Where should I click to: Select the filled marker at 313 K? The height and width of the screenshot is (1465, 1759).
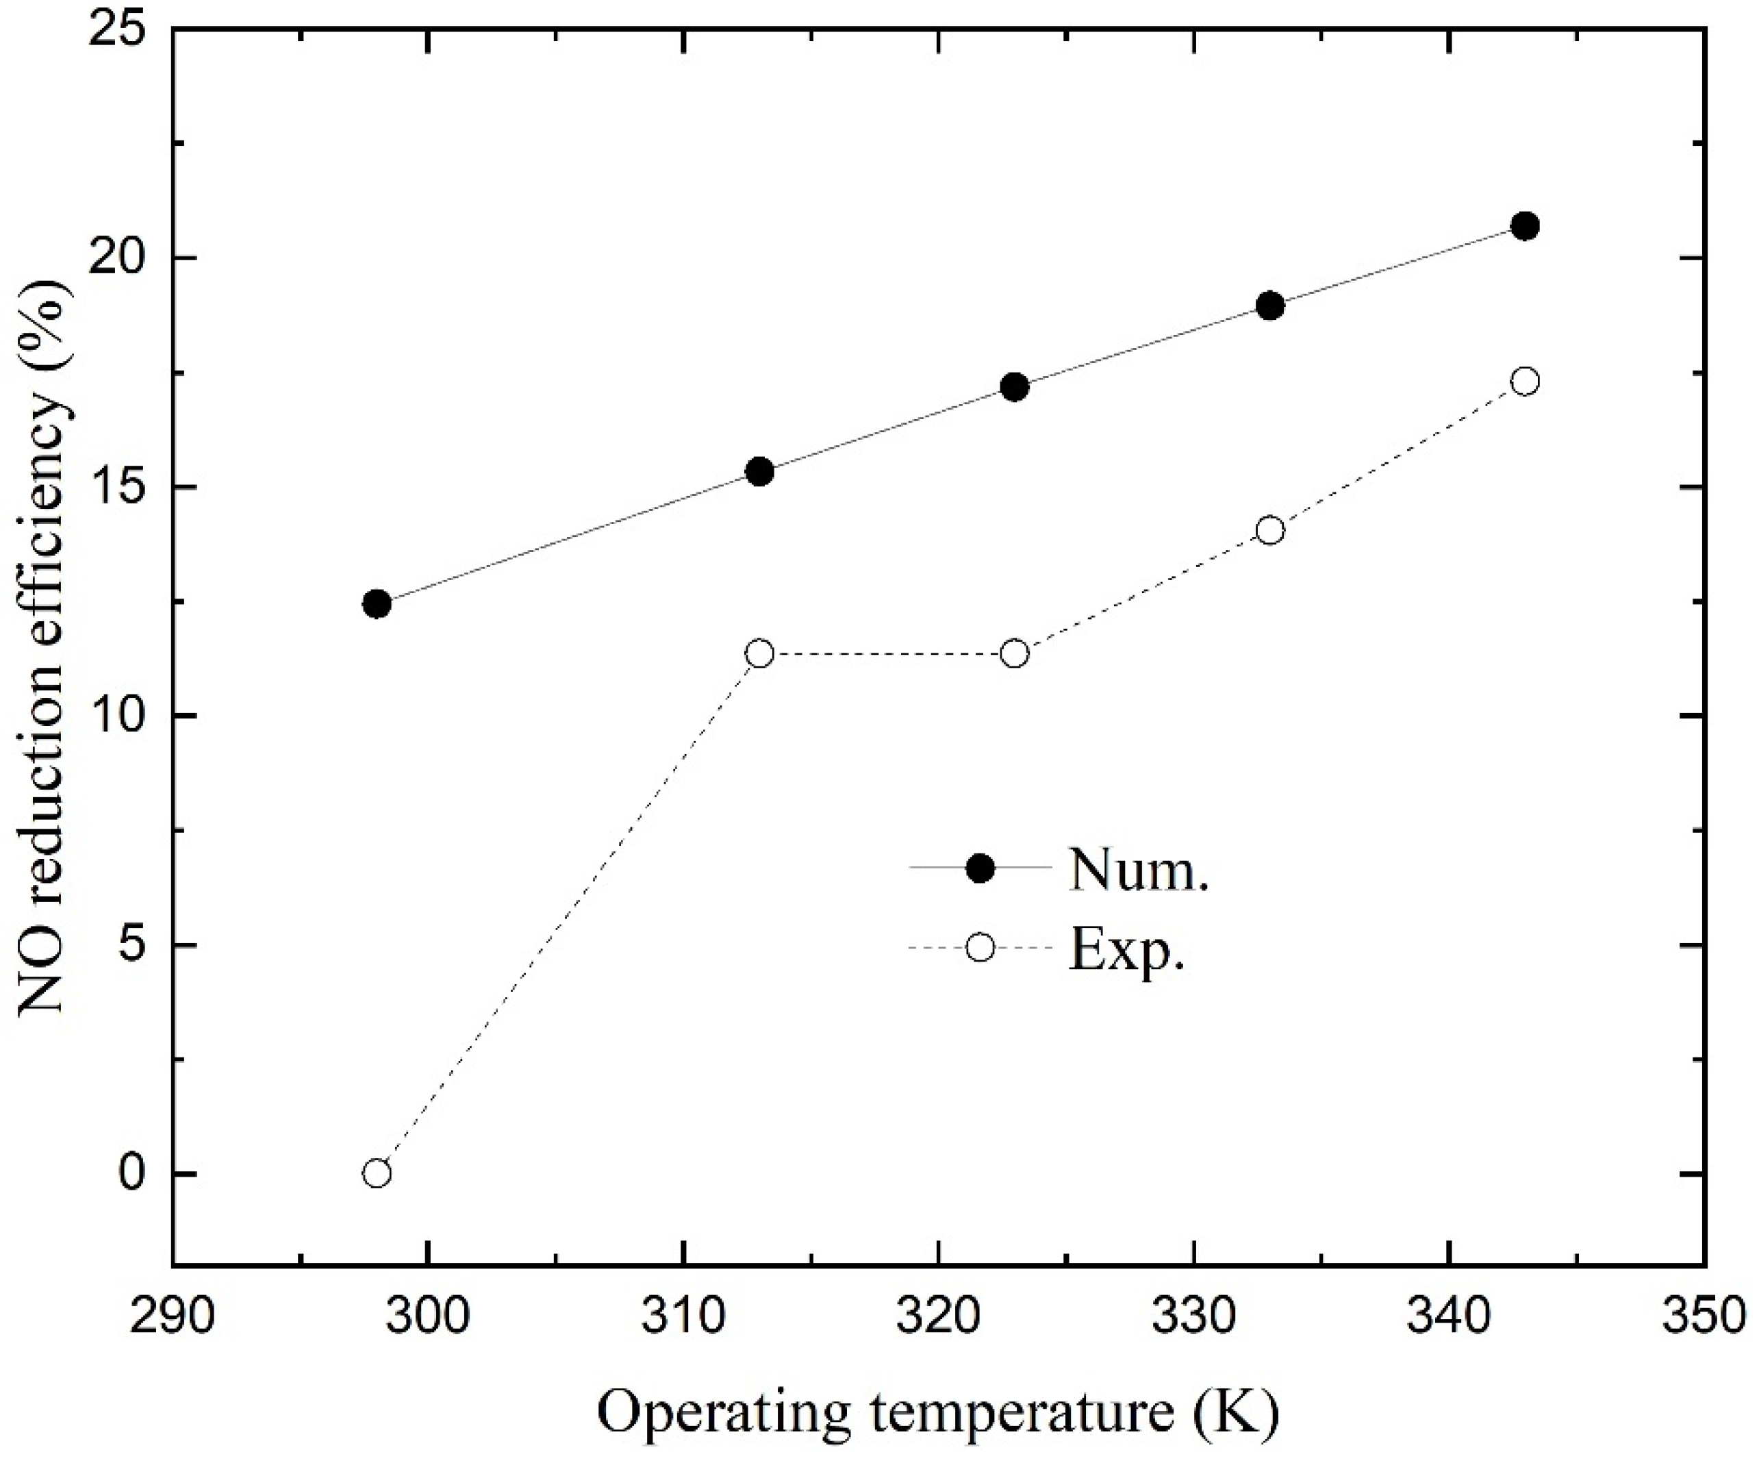(760, 472)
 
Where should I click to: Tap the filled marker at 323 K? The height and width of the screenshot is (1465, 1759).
(1014, 387)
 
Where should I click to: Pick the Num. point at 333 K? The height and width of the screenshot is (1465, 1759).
(1270, 305)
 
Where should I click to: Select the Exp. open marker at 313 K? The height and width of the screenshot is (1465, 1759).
(760, 653)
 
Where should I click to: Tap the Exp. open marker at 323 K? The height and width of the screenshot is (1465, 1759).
(1014, 653)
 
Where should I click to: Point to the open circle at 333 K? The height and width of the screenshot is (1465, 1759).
(1270, 530)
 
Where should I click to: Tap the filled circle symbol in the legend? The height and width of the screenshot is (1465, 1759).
(980, 868)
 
